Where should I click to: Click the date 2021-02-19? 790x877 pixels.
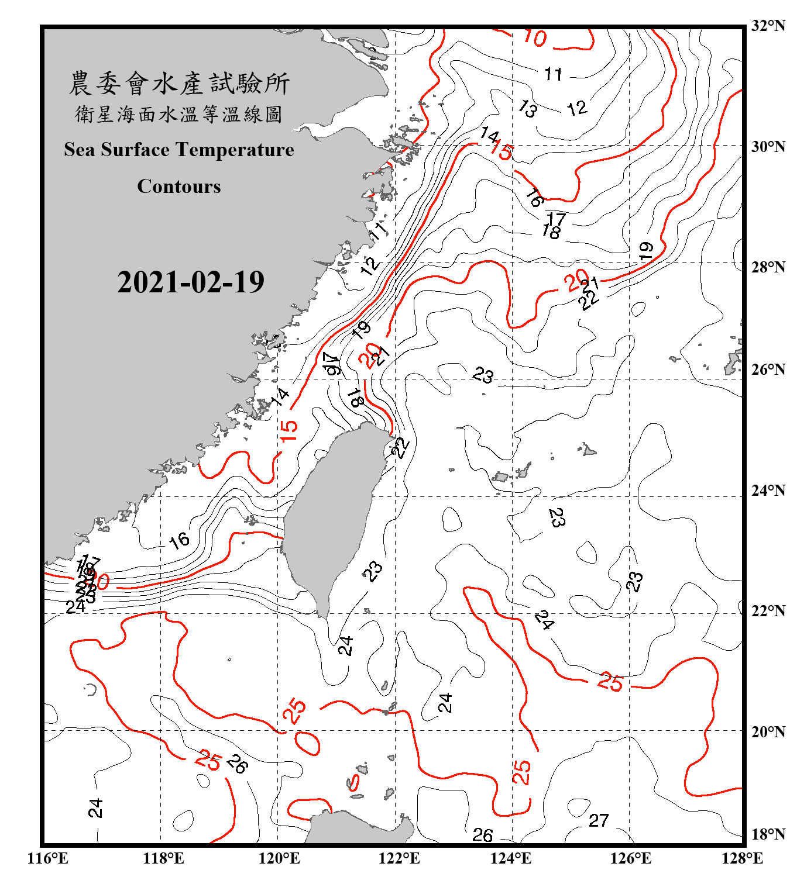(191, 282)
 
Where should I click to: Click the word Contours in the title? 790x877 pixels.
(179, 187)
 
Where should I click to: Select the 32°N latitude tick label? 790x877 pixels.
(768, 26)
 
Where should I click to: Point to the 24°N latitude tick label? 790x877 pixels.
(768, 491)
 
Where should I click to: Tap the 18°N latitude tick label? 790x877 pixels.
(768, 834)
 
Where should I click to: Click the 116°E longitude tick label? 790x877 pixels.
(48, 858)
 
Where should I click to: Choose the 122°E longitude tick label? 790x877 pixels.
(399, 858)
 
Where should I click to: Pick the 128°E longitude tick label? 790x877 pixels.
(742, 858)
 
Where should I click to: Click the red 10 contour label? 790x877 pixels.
(534, 38)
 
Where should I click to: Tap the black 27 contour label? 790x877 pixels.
(599, 821)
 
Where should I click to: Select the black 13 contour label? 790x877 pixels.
(528, 108)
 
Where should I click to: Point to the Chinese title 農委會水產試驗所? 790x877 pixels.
(179, 84)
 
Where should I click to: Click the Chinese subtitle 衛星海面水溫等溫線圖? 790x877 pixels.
(179, 115)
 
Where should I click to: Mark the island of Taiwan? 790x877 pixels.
(331, 515)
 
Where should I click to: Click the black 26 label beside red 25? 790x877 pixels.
(237, 764)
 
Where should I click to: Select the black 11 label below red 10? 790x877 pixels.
(554, 74)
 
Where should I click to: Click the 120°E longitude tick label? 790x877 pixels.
(279, 858)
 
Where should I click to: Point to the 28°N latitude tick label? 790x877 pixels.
(768, 267)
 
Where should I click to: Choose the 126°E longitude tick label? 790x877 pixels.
(630, 858)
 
